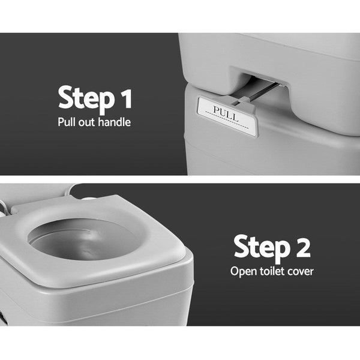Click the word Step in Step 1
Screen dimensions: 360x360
click(84, 98)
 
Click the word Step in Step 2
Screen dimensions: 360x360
click(259, 248)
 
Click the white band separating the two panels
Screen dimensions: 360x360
click(180, 179)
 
